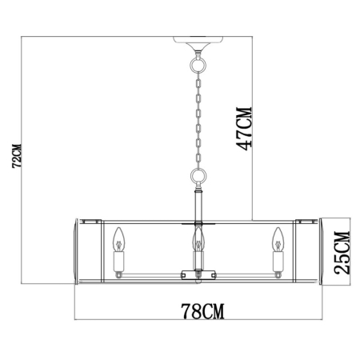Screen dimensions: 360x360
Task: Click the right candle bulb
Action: pos(278,238)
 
